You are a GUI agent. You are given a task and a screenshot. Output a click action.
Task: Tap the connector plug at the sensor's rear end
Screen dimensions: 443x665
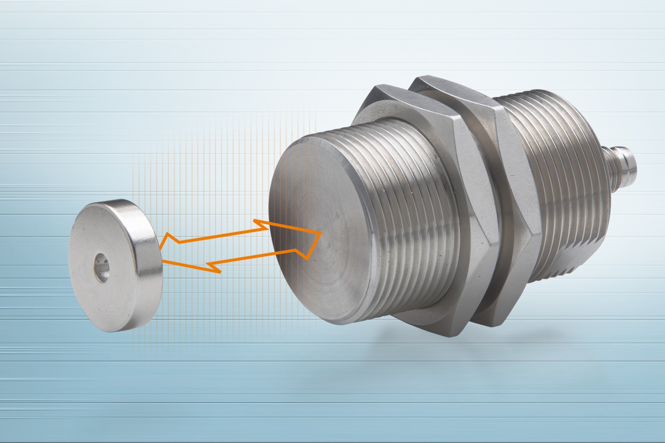point(621,160)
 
